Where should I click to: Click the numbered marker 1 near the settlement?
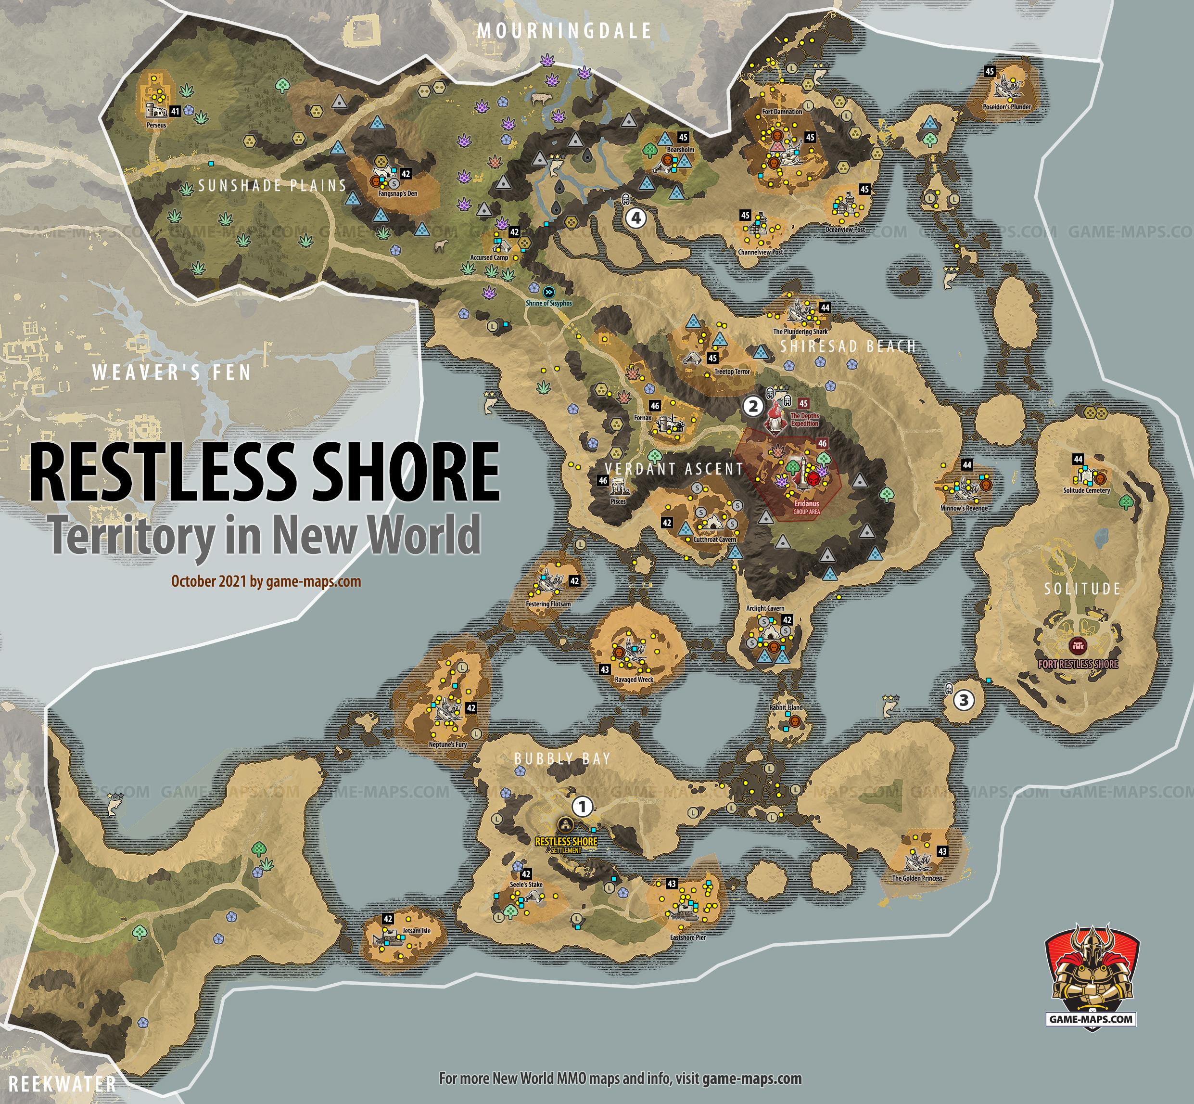click(583, 807)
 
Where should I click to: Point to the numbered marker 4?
click(636, 218)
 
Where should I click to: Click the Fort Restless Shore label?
click(1078, 664)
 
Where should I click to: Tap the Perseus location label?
click(156, 126)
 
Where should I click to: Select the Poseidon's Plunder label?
click(1007, 107)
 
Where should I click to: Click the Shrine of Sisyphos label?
click(548, 304)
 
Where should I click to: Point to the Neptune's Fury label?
click(448, 745)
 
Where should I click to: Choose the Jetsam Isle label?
click(416, 931)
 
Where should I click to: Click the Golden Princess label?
click(917, 878)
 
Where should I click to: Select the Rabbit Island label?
click(786, 707)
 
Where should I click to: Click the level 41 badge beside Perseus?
click(175, 111)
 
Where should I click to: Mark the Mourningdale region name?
click(564, 31)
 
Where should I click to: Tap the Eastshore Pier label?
click(687, 937)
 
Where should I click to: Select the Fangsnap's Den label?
click(398, 193)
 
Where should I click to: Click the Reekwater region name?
click(62, 1084)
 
